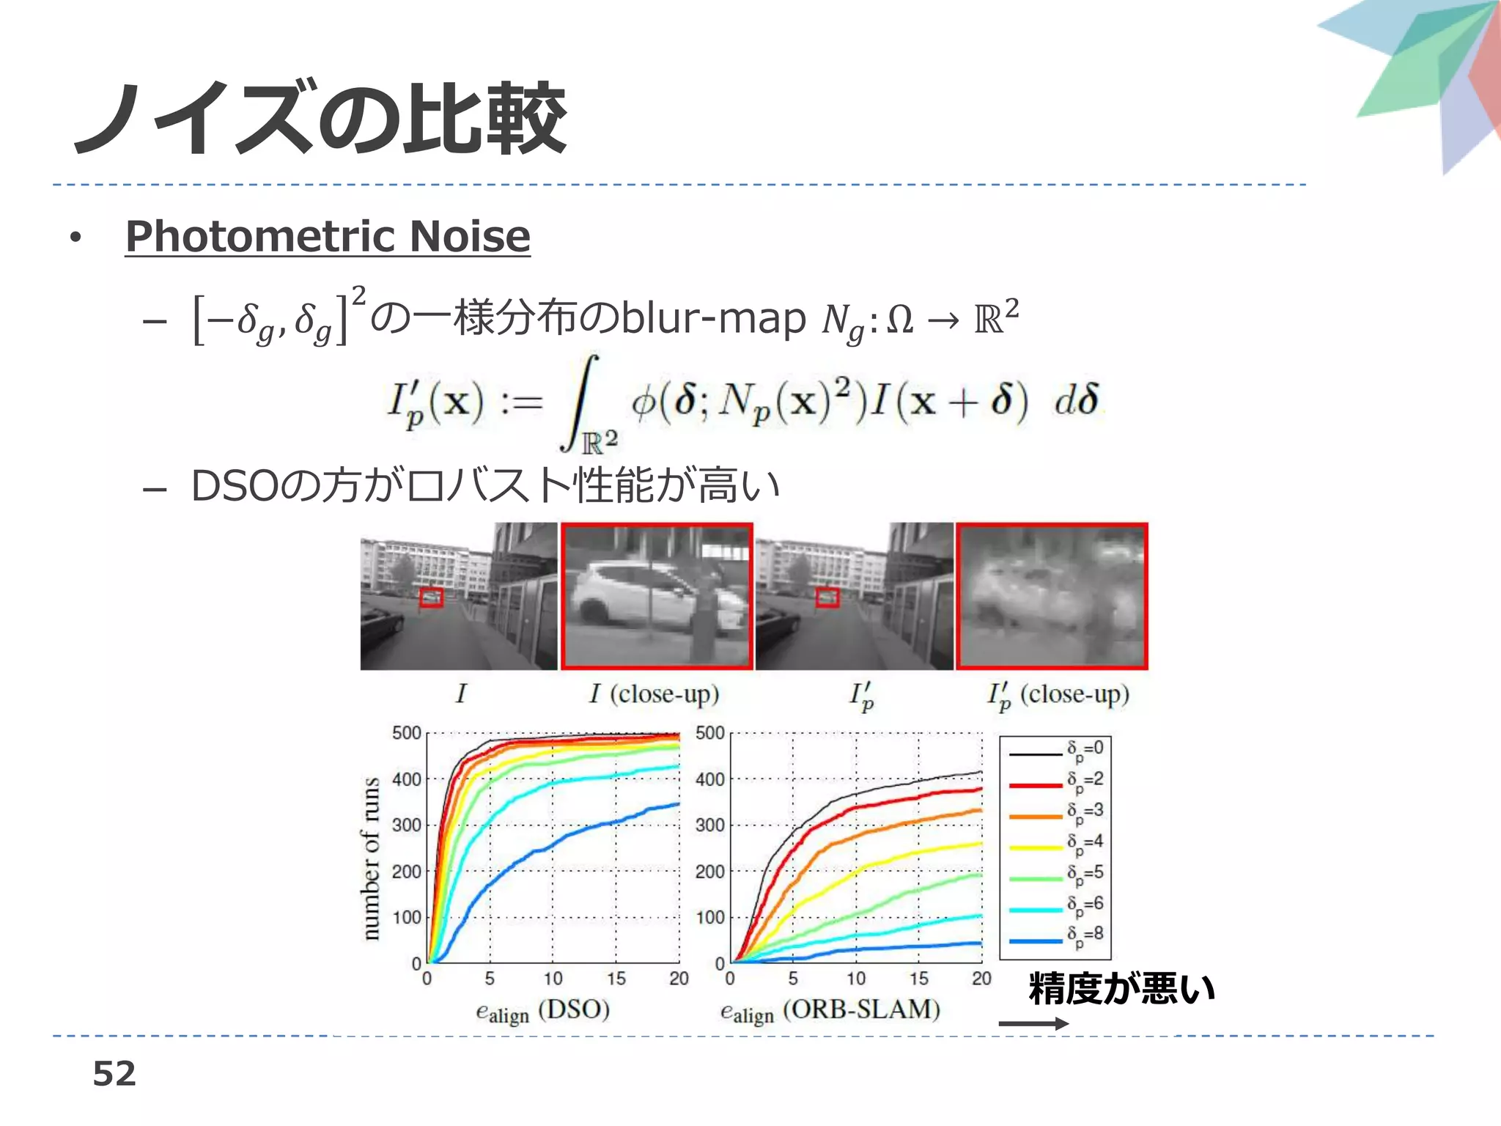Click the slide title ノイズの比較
click(x=320, y=119)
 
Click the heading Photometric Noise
click(x=328, y=236)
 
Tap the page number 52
click(x=114, y=1074)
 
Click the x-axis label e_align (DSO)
click(x=542, y=1011)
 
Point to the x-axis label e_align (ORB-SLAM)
click(x=830, y=1011)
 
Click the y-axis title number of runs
click(x=372, y=858)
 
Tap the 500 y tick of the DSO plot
click(x=406, y=733)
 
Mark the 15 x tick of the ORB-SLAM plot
click(x=918, y=979)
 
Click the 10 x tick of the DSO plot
click(x=553, y=979)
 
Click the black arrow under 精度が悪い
click(x=1033, y=1023)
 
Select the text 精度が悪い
click(x=1121, y=988)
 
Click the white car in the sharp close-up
click(x=645, y=597)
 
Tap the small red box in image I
click(x=431, y=597)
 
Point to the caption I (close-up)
click(x=654, y=693)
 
